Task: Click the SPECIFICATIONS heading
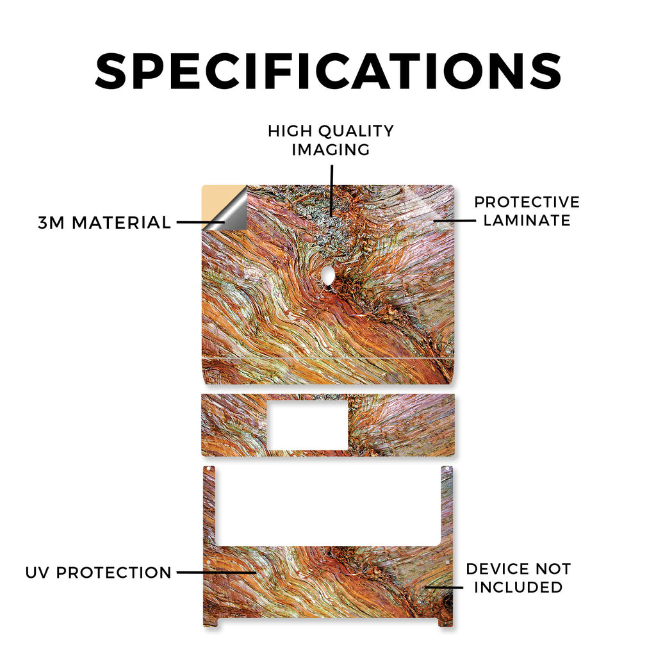(329, 71)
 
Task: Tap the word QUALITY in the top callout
(356, 131)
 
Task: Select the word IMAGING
(331, 150)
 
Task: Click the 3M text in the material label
(51, 222)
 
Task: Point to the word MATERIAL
(121, 222)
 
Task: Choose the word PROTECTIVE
(527, 202)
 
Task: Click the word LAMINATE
(527, 220)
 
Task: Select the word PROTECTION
(114, 573)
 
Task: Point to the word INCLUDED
(518, 587)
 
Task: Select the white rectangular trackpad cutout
(307, 425)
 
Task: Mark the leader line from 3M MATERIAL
(201, 222)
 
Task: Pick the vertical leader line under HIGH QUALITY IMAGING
(332, 190)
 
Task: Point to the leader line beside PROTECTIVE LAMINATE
(455, 220)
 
